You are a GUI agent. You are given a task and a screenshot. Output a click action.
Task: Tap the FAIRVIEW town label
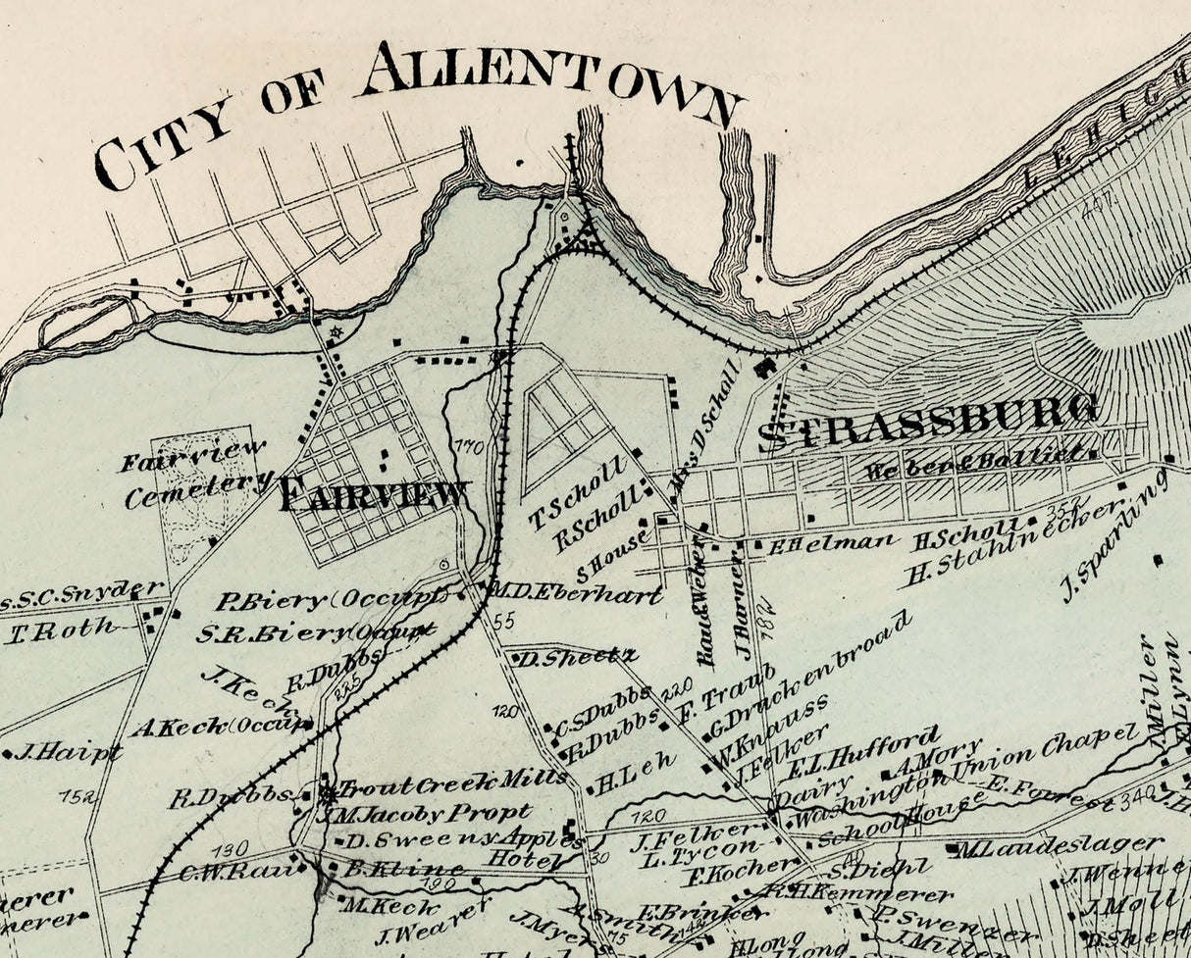pos(373,493)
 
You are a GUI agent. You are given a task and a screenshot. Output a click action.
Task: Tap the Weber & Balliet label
pos(976,461)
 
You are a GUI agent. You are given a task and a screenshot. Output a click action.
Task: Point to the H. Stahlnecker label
pos(1010,544)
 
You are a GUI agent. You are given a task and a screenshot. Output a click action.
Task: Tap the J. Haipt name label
pos(69,753)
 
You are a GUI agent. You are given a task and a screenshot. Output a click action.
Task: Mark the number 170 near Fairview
pos(469,448)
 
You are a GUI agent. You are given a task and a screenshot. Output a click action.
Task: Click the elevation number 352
pos(1069,510)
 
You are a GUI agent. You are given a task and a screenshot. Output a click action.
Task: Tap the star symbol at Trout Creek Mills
pos(326,792)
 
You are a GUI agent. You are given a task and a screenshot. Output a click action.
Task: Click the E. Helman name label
pos(831,542)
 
